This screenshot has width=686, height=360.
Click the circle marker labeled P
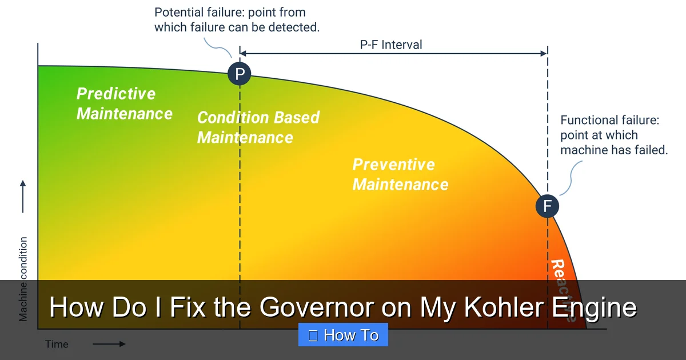(x=240, y=74)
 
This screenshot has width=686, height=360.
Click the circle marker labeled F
(x=547, y=206)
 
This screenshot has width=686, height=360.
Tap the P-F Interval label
(x=391, y=45)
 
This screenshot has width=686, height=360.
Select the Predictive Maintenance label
(x=124, y=103)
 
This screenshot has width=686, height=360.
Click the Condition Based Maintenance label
(x=258, y=127)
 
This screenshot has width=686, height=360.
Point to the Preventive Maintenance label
(x=400, y=174)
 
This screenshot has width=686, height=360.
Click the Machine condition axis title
(x=23, y=279)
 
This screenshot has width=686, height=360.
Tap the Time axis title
(x=57, y=344)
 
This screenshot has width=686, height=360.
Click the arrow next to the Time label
(x=109, y=344)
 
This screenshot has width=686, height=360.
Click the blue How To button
(x=343, y=335)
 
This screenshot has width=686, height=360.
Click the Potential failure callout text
(x=237, y=19)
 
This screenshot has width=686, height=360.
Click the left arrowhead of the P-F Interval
(x=243, y=54)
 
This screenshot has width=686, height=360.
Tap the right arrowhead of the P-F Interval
(x=544, y=54)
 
